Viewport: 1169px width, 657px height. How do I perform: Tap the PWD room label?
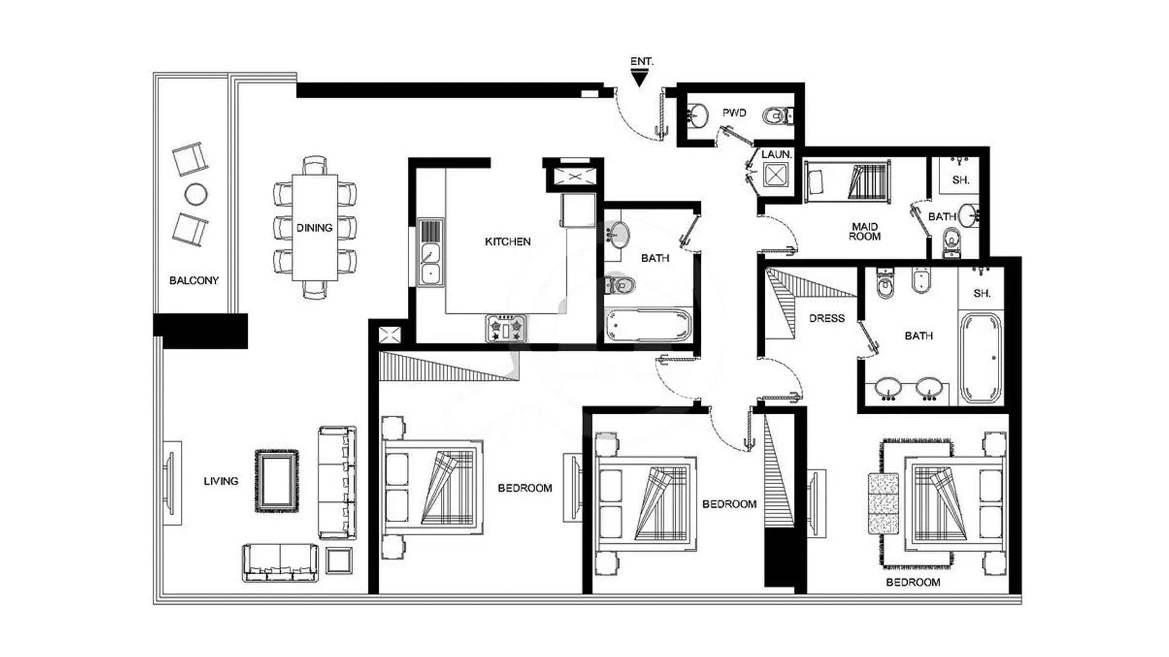tap(734, 113)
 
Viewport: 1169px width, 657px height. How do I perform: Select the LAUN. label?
tap(776, 155)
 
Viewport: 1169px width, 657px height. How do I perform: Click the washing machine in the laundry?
tap(776, 176)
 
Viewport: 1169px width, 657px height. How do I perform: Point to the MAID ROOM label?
tap(865, 232)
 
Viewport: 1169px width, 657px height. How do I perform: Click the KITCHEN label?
tap(508, 242)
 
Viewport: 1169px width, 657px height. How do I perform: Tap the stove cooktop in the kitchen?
tap(505, 328)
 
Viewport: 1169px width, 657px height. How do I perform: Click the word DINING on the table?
tap(314, 228)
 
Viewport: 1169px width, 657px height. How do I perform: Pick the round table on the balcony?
tap(195, 195)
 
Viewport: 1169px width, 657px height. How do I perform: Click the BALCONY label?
tap(194, 280)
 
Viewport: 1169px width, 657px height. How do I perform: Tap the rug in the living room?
tap(277, 481)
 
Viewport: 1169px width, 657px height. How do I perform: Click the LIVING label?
tap(221, 481)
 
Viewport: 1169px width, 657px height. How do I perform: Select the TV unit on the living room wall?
tap(171, 483)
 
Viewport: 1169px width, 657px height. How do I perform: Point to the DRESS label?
tap(827, 318)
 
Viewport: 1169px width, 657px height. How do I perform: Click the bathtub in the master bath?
tap(980, 358)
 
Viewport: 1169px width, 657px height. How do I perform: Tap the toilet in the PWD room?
tap(778, 115)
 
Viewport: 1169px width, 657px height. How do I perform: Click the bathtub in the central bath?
tap(649, 325)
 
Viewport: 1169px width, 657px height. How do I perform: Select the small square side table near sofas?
tap(339, 560)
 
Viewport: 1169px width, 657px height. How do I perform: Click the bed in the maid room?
tap(848, 181)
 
